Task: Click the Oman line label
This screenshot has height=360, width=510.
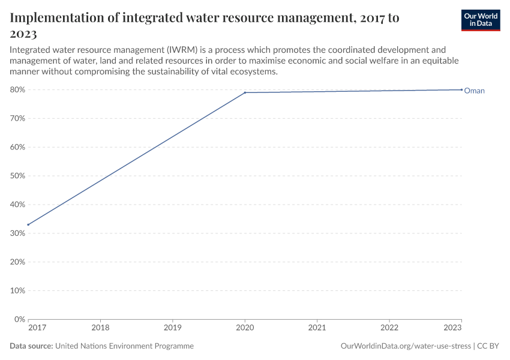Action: [474, 91]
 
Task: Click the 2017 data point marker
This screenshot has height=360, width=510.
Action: [28, 224]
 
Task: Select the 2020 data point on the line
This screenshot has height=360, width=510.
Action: [245, 92]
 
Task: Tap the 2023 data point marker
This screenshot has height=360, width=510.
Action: [461, 89]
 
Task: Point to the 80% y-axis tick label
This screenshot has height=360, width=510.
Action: [17, 89]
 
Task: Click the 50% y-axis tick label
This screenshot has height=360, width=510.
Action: [17, 176]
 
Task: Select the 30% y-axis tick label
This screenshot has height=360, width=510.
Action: [17, 233]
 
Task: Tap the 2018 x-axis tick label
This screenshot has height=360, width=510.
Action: [100, 328]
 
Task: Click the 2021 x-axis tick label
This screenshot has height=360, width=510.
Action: [317, 328]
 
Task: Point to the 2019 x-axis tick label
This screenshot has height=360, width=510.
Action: [173, 328]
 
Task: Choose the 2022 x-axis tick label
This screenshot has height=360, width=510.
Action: [389, 328]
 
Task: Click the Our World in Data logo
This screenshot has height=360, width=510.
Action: [481, 19]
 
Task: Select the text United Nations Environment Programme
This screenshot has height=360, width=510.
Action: [124, 346]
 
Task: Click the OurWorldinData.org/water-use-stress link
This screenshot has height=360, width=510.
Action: [405, 346]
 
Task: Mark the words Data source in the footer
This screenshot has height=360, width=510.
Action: [31, 346]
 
